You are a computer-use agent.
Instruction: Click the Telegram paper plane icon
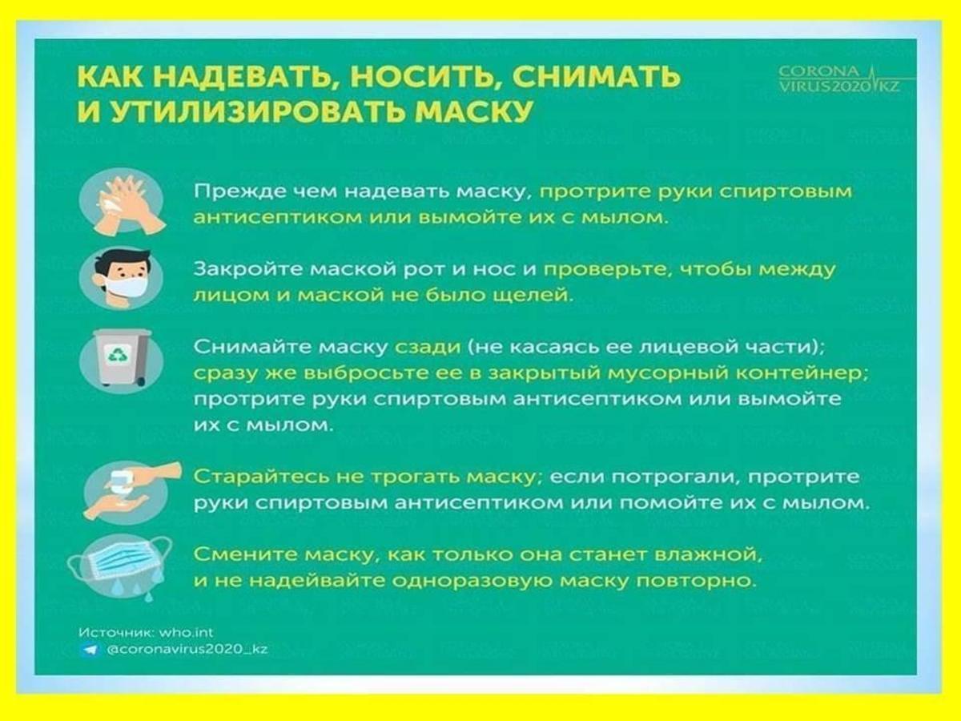[90, 650]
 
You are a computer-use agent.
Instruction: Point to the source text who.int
[186, 633]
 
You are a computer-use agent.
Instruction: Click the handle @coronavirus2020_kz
[187, 649]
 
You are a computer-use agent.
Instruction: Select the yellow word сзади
[428, 347]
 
